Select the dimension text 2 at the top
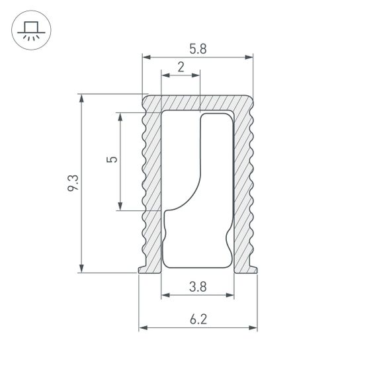point(181,66)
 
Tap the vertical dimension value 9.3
point(73,183)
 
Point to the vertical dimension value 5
point(112,160)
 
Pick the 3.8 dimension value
point(197,286)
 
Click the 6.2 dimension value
point(198,319)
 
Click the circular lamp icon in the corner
point(30,30)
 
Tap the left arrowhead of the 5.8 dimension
point(146,58)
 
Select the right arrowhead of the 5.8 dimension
point(249,58)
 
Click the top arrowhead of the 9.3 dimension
point(81,99)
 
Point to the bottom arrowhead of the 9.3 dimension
point(81,267)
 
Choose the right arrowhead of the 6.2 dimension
point(253,328)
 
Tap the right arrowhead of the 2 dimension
point(196,75)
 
